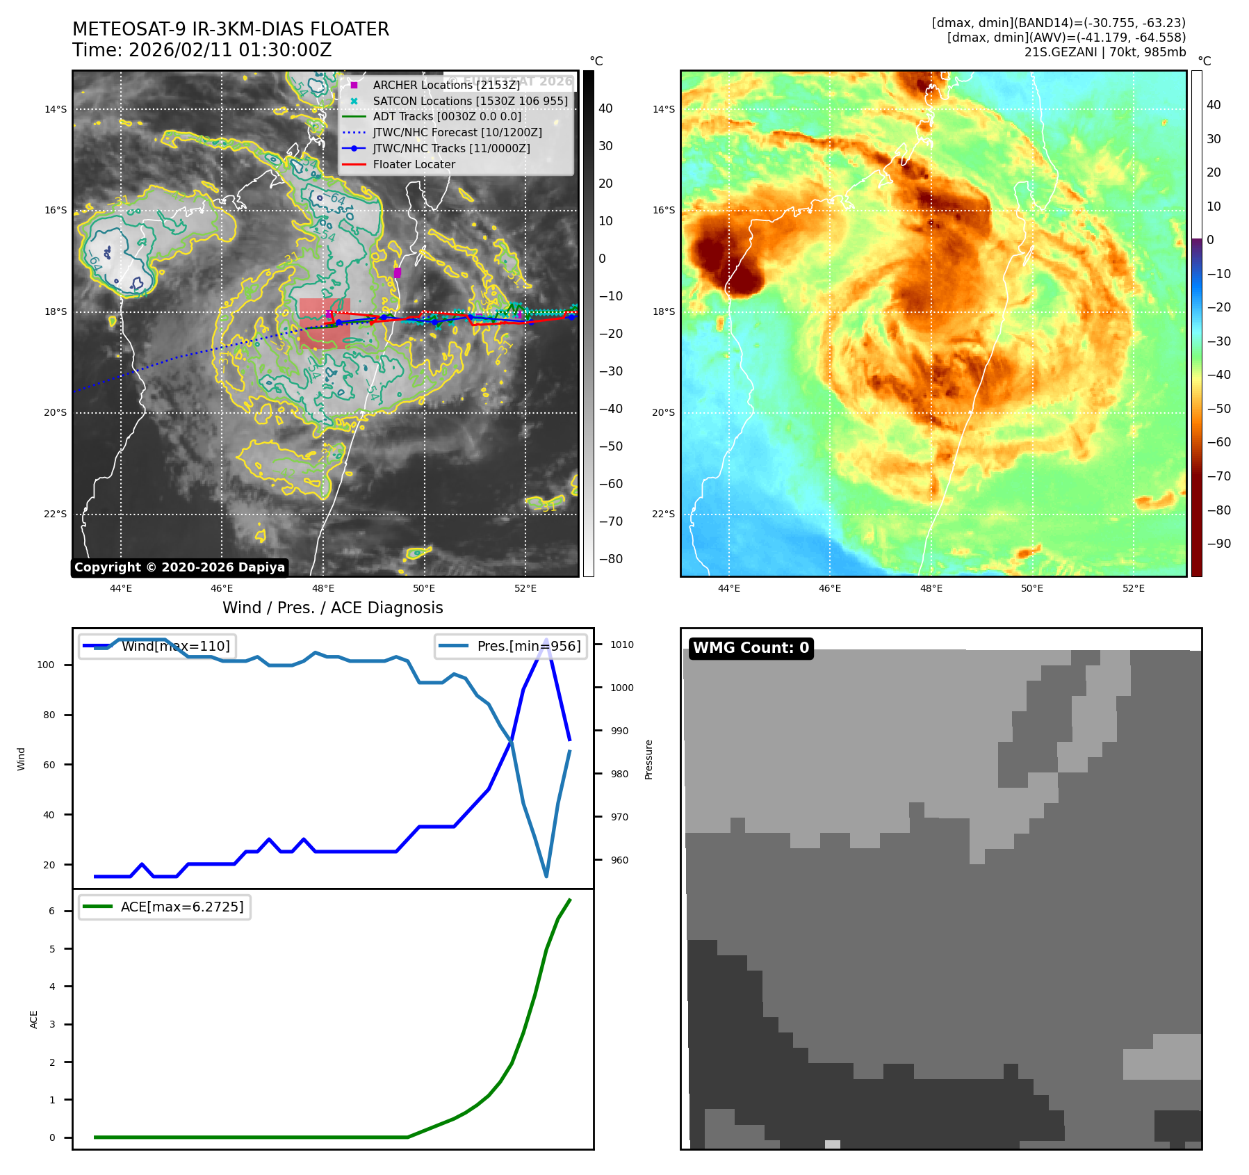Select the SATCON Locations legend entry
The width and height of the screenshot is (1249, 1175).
[470, 101]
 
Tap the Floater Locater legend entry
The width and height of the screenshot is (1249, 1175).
[414, 165]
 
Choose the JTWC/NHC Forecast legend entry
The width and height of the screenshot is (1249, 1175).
[457, 132]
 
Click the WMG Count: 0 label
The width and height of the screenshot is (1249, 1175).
[751, 648]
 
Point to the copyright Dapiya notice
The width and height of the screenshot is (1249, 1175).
[179, 567]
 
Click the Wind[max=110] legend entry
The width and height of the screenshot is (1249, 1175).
[175, 646]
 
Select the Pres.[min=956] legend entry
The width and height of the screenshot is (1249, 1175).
[528, 646]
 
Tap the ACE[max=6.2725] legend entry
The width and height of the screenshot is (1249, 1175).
[182, 907]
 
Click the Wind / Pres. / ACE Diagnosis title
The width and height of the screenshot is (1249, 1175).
[332, 608]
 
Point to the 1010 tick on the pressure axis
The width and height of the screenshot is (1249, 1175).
[622, 645]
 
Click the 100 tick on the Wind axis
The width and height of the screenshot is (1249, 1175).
[46, 665]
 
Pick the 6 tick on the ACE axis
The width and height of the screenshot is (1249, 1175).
[52, 911]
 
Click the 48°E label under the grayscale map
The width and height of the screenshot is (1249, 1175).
[323, 588]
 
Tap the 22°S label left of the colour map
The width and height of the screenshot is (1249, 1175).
[663, 514]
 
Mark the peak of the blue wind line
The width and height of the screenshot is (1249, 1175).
[546, 639]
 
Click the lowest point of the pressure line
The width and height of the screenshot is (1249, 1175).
[546, 877]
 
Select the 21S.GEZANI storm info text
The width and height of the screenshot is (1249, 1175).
[1104, 52]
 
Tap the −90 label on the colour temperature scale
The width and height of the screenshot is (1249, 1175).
[1218, 544]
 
